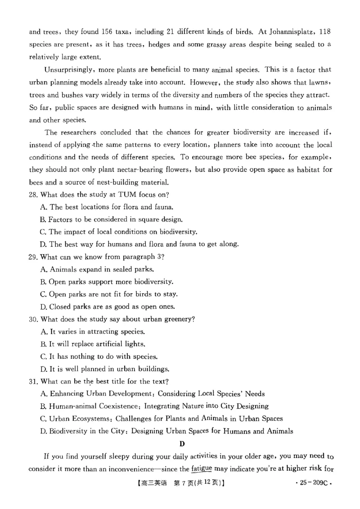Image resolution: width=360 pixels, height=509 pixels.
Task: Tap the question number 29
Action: click(x=34, y=257)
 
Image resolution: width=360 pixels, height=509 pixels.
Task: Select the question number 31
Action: click(x=34, y=381)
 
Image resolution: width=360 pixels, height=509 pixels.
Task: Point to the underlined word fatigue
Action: click(x=201, y=469)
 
